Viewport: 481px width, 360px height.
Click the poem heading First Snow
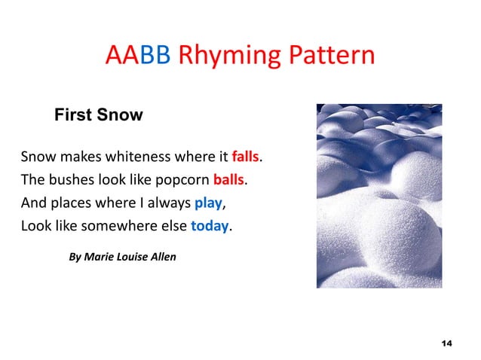click(98, 116)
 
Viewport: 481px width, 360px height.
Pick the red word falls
click(245, 157)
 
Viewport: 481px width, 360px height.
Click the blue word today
click(209, 226)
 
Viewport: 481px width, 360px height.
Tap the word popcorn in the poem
click(181, 181)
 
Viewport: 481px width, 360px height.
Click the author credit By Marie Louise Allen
click(122, 257)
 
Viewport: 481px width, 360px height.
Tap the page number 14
click(446, 343)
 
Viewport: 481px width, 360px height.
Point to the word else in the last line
click(171, 226)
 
